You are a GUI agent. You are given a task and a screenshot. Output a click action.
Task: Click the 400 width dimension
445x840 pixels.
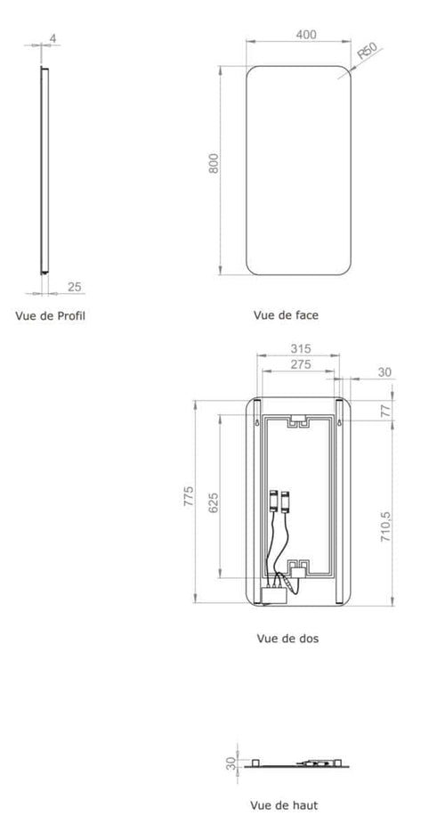(306, 35)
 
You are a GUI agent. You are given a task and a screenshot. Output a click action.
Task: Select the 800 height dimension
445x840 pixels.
(214, 164)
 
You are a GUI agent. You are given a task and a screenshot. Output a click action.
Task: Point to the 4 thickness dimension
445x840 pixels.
(53, 38)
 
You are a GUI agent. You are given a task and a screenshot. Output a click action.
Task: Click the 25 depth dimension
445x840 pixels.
(75, 286)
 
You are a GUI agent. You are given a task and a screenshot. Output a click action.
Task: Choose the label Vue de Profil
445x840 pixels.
(51, 314)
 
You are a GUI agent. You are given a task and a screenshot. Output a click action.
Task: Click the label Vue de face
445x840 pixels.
(286, 314)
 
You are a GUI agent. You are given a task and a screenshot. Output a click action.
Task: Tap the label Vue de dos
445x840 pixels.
(287, 638)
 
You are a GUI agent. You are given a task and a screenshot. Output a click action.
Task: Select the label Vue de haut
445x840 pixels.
(285, 805)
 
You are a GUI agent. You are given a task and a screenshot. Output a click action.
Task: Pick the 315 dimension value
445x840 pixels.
(298, 348)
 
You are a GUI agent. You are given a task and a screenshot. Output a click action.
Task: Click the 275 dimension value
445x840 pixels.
(298, 364)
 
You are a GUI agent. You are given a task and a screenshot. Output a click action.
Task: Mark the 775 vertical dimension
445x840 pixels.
(189, 497)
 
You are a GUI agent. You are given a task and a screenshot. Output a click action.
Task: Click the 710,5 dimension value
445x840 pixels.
(385, 529)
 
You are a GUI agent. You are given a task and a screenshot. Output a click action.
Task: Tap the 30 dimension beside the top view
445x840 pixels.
(231, 763)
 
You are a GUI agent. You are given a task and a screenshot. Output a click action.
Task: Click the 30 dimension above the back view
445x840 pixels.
(384, 372)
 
